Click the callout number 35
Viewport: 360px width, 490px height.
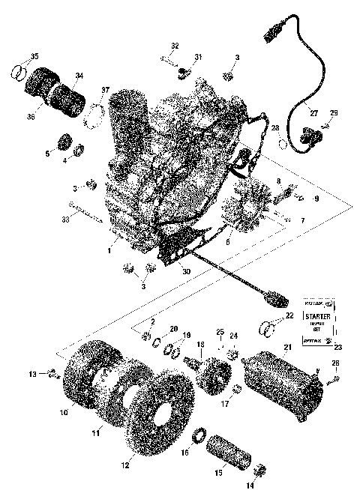pos(33,58)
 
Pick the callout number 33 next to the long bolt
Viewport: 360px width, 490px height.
pos(67,220)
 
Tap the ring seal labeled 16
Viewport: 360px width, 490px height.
pos(202,433)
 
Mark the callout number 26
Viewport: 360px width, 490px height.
pos(334,363)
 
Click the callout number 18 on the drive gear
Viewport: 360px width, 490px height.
pos(199,344)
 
